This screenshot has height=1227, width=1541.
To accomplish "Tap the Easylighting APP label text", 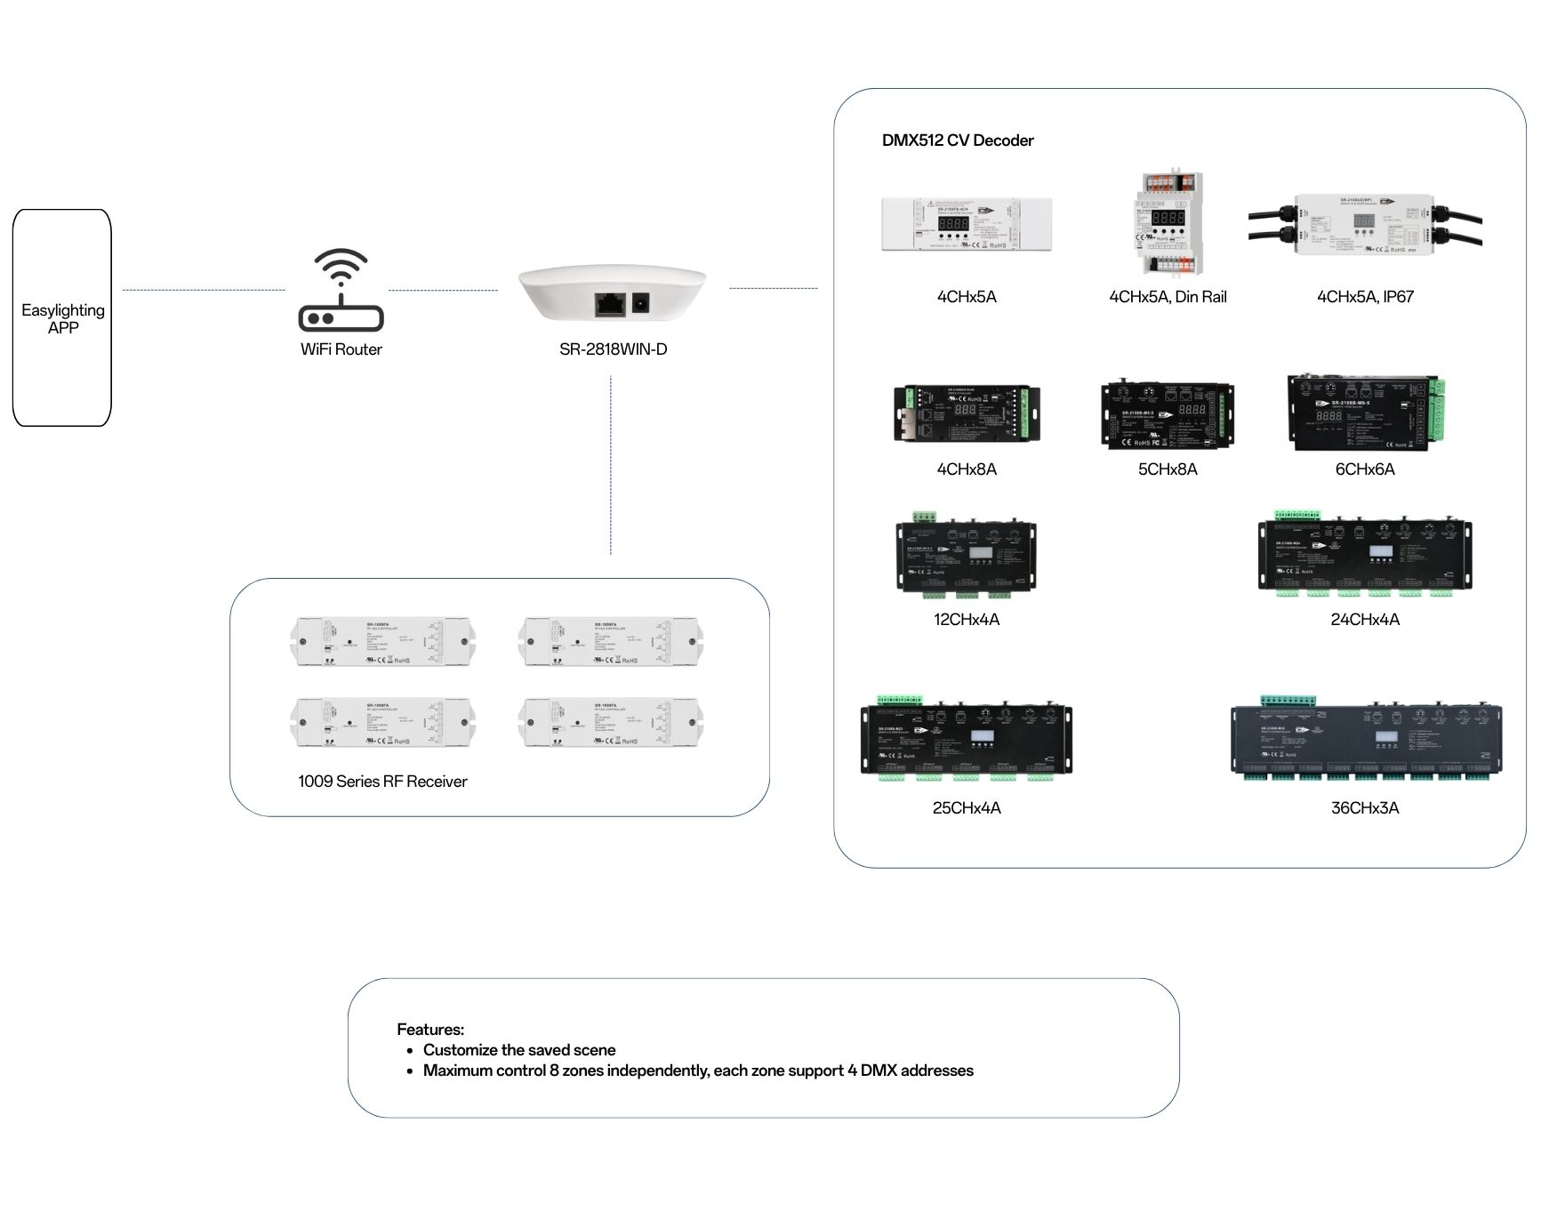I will (x=63, y=318).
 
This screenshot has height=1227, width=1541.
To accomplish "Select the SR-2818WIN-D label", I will (x=613, y=349).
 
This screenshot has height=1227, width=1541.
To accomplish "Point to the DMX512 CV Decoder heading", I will (x=957, y=140).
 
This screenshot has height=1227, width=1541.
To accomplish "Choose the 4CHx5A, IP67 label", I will (x=1365, y=297).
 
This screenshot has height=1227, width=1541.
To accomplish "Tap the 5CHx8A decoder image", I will (x=1168, y=415).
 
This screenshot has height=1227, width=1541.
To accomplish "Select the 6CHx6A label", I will (x=1365, y=469).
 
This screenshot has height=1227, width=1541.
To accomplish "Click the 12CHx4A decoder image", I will (x=966, y=556).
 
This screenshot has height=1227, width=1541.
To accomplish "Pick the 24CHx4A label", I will (x=1365, y=620).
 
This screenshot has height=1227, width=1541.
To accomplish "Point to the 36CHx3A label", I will (x=1365, y=808).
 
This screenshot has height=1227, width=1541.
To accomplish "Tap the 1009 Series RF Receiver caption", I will (x=382, y=782).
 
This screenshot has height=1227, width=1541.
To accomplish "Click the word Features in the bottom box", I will (x=430, y=1030).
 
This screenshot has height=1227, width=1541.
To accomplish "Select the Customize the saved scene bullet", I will (x=519, y=1050).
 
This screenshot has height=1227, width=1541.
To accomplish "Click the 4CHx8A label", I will (x=967, y=469).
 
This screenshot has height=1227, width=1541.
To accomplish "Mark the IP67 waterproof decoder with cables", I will (x=1365, y=225).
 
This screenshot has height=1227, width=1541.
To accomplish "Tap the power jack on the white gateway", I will (x=640, y=304).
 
